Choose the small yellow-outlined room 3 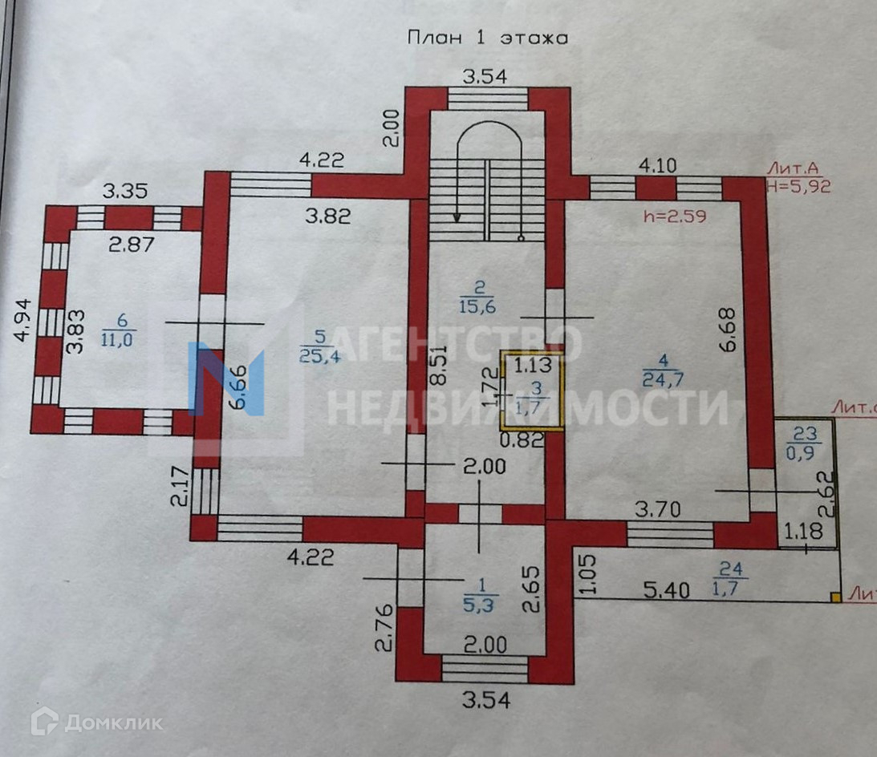531,391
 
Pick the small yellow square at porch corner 836,597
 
